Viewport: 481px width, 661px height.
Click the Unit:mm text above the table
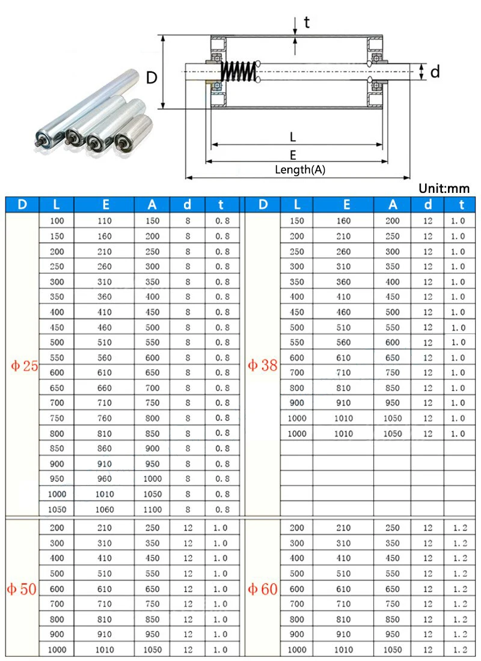[444, 189]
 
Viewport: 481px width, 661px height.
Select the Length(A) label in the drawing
[300, 169]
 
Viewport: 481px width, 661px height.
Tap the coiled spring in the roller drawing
[239, 72]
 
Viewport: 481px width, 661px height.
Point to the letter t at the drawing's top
[307, 23]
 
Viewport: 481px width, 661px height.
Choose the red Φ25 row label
[22, 365]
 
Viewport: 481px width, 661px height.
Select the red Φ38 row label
[263, 365]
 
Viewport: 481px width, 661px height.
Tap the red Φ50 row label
[22, 589]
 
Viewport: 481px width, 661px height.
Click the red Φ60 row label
[263, 589]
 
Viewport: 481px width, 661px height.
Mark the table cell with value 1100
[152, 510]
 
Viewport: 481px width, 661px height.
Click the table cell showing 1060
[104, 510]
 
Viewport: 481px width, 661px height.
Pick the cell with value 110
[104, 221]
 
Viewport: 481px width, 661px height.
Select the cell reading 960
[104, 479]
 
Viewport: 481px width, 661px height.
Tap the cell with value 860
[104, 448]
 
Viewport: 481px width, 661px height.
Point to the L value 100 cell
[57, 221]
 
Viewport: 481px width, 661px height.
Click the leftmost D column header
[22, 204]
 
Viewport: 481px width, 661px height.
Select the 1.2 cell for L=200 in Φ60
[459, 528]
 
